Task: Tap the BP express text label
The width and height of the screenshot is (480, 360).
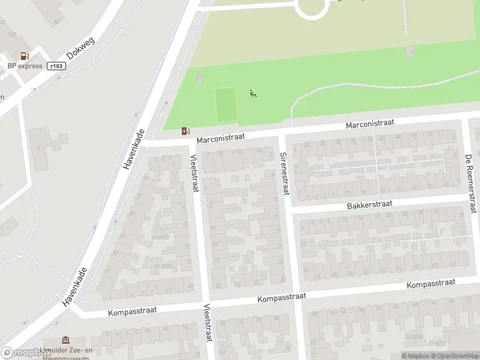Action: click(25, 66)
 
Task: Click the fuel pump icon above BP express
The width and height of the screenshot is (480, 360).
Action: click(25, 56)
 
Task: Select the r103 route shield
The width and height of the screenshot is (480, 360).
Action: click(56, 66)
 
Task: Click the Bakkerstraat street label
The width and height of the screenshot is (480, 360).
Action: click(369, 205)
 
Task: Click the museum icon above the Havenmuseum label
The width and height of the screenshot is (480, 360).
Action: click(65, 340)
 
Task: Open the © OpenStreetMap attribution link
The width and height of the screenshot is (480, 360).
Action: click(454, 356)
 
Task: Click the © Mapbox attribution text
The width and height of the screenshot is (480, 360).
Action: click(416, 356)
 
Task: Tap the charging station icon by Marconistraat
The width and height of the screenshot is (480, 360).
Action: click(187, 131)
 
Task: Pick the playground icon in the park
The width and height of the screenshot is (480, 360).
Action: click(253, 93)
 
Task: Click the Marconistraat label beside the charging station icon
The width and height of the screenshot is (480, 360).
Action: click(221, 137)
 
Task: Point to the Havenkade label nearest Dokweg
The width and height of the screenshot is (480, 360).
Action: click(136, 149)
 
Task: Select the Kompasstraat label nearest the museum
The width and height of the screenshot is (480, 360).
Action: click(133, 311)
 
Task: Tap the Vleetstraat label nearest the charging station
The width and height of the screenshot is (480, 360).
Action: click(193, 173)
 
